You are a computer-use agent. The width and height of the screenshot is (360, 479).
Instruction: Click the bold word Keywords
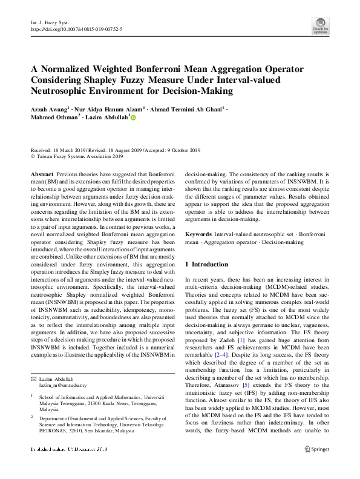198,233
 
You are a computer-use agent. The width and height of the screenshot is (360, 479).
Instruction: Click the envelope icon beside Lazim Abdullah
34,378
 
